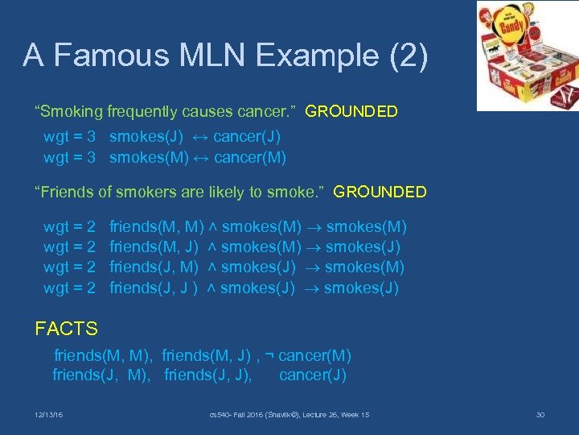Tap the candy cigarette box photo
click(x=527, y=56)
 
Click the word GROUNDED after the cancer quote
click(x=351, y=112)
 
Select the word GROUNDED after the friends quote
click(x=380, y=193)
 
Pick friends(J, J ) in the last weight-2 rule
click(x=154, y=288)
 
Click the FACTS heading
click(x=67, y=329)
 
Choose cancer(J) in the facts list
click(x=313, y=375)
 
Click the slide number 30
click(x=540, y=415)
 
